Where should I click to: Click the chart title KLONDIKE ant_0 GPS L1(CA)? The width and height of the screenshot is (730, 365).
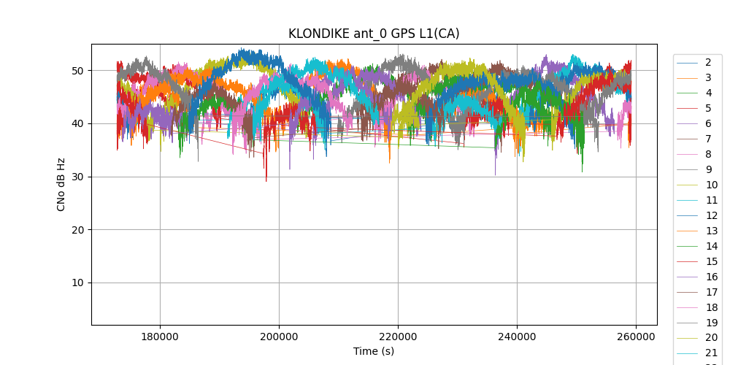pos(374,34)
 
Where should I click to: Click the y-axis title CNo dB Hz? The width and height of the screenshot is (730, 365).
pos(61,184)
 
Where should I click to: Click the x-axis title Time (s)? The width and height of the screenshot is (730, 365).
pos(374,351)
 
